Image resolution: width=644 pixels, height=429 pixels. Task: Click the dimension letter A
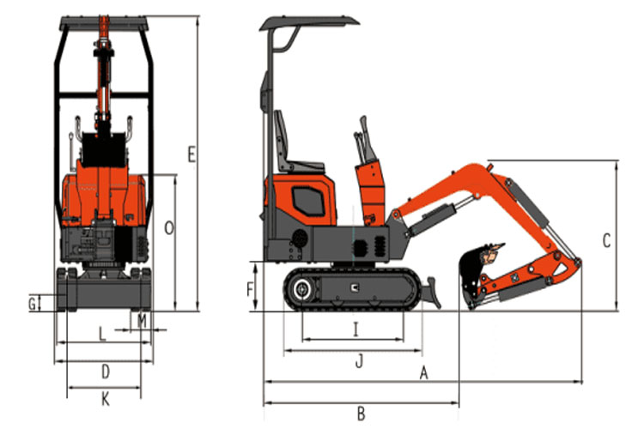422,372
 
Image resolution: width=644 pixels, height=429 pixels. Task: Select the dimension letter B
361,414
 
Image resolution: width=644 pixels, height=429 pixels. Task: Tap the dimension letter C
606,241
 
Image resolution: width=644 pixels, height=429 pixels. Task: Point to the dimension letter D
105,372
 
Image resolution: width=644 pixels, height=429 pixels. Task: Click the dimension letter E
191,154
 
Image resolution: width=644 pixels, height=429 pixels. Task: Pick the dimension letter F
250,289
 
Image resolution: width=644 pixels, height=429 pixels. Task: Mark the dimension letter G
32,303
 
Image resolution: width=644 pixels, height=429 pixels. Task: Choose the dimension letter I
355,327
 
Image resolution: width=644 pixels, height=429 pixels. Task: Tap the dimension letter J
360,361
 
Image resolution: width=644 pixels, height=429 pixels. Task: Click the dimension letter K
105,398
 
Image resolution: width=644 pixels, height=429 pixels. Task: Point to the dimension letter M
142,321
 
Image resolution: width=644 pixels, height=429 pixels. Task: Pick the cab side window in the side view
306,202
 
